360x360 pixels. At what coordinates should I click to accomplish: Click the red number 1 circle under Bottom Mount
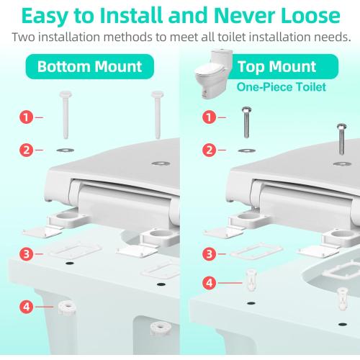point(26,117)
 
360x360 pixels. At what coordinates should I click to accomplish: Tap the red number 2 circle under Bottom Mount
point(26,150)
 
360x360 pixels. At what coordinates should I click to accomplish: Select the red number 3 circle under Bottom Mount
point(26,254)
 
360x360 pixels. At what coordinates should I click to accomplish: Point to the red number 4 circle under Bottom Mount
point(26,307)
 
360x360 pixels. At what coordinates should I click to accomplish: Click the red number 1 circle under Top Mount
point(209,117)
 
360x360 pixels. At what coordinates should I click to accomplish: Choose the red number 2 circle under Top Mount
point(209,150)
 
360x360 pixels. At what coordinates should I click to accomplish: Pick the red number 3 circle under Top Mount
point(209,254)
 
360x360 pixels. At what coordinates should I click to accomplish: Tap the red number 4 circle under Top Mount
point(209,283)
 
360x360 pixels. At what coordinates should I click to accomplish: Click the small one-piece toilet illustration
point(213,74)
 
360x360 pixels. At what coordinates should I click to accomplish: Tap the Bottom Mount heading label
point(89,66)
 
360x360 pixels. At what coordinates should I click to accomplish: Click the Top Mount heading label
point(276,66)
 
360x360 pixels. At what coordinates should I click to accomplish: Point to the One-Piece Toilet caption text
point(282,87)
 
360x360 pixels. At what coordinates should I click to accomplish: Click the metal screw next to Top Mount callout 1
point(246,122)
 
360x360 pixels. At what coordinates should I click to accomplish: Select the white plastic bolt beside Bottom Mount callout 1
point(66,114)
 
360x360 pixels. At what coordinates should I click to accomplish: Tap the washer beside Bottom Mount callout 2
point(65,150)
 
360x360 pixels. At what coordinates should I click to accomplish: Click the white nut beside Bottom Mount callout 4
point(67,307)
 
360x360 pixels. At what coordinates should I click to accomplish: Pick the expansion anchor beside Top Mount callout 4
point(251,280)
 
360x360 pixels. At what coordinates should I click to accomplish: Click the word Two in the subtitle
point(23,37)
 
